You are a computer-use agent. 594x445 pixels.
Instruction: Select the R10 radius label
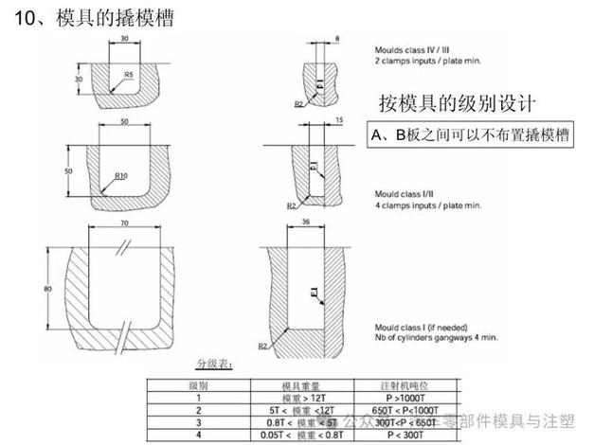(120, 175)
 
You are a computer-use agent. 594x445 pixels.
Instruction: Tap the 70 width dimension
(125, 222)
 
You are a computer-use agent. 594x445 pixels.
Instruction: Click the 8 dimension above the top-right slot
(337, 39)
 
